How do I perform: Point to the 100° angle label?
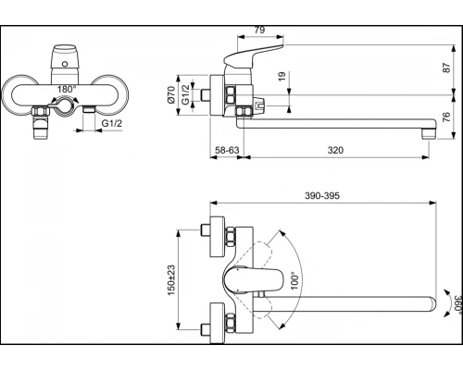tap(292, 280)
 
